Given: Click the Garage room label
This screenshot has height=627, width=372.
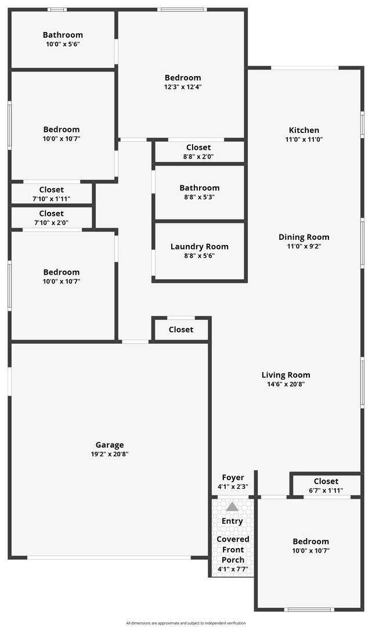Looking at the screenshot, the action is click(110, 445).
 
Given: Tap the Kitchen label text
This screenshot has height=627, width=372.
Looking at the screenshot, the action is click(304, 130).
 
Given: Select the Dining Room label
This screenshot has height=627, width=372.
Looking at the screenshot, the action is click(304, 237).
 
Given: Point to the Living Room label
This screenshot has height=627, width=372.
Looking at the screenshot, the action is click(286, 375).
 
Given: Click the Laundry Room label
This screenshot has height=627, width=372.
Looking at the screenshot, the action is click(200, 247).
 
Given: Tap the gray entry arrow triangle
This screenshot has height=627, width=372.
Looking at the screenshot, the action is click(232, 507).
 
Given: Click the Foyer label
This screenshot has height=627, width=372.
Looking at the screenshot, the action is click(233, 477).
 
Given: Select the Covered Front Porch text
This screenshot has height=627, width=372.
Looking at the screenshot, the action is click(233, 549).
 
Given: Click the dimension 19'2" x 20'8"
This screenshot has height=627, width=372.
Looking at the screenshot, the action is click(110, 454).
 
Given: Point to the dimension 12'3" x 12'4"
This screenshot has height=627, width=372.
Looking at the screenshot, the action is click(183, 87).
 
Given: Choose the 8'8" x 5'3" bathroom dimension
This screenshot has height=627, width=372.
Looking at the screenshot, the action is click(200, 197).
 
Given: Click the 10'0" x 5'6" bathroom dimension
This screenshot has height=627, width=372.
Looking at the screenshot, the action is click(63, 44).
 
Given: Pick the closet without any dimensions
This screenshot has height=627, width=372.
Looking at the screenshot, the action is click(181, 330).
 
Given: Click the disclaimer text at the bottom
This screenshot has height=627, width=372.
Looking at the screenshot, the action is click(186, 623).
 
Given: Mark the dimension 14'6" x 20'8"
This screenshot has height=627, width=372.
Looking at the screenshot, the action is click(286, 384).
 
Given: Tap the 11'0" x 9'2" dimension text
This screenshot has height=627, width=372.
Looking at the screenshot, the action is click(304, 246).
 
